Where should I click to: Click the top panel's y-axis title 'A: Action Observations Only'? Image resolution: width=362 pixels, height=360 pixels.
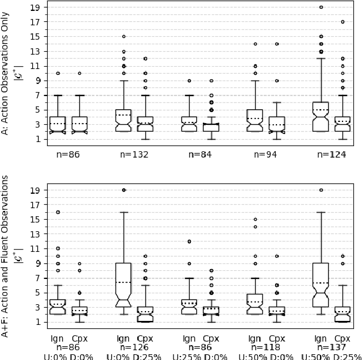click(x=5, y=74)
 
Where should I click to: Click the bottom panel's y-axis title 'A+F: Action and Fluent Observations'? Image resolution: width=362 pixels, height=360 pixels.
click(x=5, y=256)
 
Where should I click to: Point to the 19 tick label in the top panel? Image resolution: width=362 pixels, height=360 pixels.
click(x=34, y=7)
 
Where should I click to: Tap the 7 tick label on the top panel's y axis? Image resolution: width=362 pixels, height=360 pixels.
click(x=37, y=95)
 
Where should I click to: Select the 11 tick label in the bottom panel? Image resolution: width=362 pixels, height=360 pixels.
click(x=34, y=248)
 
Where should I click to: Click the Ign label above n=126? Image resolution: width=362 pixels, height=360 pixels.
click(x=123, y=339)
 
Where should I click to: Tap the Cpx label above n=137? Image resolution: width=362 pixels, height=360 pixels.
click(x=342, y=339)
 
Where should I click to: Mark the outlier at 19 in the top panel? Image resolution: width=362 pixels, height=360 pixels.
click(x=321, y=7)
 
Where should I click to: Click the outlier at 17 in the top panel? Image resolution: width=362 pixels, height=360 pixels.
click(x=342, y=22)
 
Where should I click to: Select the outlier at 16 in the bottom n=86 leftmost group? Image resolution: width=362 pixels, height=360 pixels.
click(x=57, y=212)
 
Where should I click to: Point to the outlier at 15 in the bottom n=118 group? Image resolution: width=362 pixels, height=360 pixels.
click(x=255, y=219)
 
